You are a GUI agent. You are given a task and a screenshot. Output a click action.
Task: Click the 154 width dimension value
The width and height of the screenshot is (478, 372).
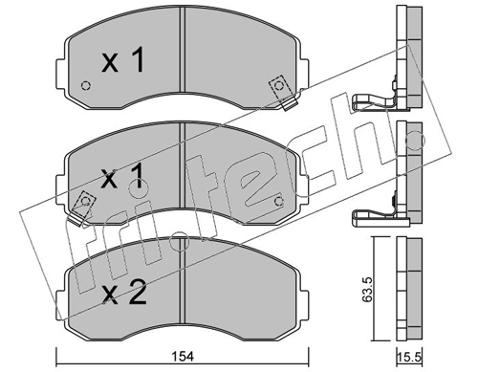184,356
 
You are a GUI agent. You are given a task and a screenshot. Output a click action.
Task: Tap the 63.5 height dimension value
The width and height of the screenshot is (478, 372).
367,290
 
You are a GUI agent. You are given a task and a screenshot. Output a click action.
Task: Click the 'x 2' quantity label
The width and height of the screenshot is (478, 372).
124,292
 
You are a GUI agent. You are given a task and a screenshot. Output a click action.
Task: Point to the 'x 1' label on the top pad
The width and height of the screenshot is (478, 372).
122,59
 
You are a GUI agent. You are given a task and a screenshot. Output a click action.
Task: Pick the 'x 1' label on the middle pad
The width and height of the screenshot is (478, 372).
122,178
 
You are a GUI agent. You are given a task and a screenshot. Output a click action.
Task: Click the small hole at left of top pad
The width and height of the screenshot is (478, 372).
86,86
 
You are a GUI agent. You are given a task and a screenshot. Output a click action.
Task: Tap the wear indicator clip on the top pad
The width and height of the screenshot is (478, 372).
283,92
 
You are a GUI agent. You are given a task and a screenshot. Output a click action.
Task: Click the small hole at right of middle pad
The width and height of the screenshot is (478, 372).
279,201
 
